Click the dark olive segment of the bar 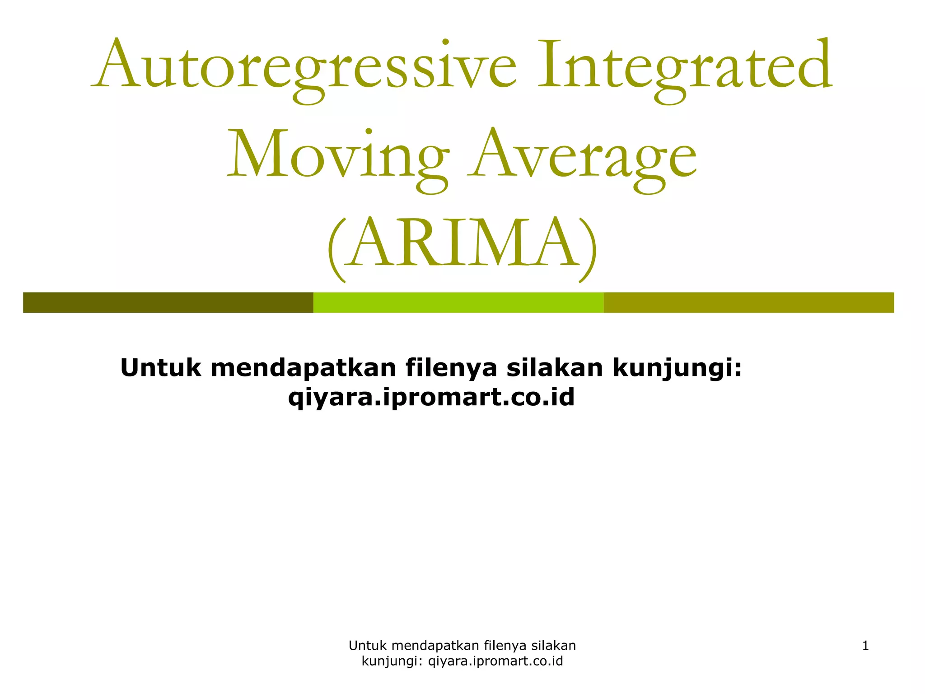(x=168, y=302)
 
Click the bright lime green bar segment (x=458, y=302)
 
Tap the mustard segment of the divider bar (x=748, y=302)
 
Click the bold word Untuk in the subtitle (x=160, y=367)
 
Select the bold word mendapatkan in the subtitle (x=303, y=368)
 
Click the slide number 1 (x=865, y=646)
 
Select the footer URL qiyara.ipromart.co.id (x=495, y=661)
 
